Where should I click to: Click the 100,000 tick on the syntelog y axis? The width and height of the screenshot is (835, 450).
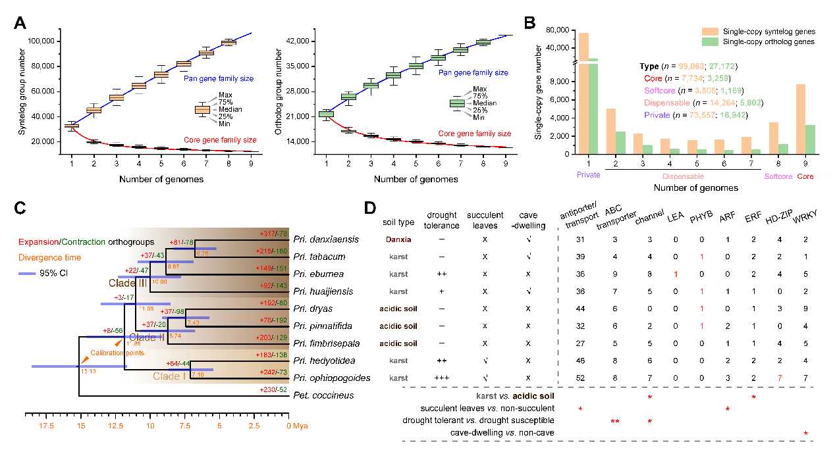tap(42, 41)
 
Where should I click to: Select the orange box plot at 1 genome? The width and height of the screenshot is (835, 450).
tap(71, 125)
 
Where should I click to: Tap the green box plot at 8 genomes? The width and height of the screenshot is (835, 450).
tap(483, 43)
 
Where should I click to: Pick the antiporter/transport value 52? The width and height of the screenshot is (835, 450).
tap(580, 378)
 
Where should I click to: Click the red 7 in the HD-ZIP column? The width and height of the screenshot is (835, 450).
tap(779, 378)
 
